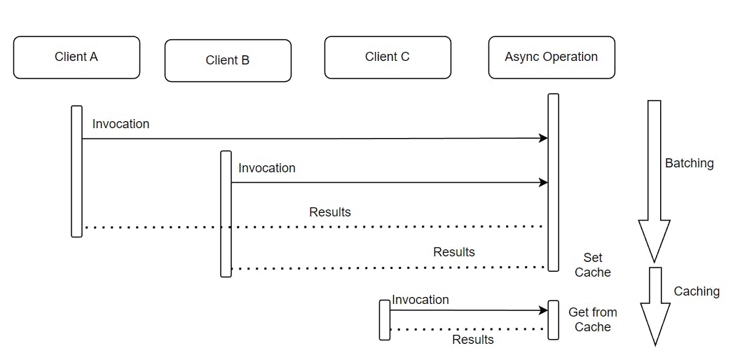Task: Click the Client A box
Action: [x=76, y=57]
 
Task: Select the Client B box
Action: [x=228, y=61]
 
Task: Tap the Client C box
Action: [x=388, y=57]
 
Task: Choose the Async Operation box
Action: [x=551, y=57]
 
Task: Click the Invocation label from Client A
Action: [x=121, y=124]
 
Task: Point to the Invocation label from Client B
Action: [x=267, y=168]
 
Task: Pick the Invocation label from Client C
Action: [x=420, y=300]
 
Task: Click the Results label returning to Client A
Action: [x=330, y=212]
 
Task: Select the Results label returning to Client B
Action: [x=454, y=252]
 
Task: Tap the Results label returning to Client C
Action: [x=473, y=340]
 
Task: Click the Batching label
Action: [x=689, y=163]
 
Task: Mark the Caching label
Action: [x=697, y=291]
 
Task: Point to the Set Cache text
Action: [x=593, y=265]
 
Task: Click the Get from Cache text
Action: [x=593, y=319]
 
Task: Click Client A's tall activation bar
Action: [x=76, y=172]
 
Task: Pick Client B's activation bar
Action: [x=226, y=214]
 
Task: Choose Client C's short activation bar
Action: [x=385, y=320]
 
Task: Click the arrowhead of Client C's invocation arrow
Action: [x=543, y=310]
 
